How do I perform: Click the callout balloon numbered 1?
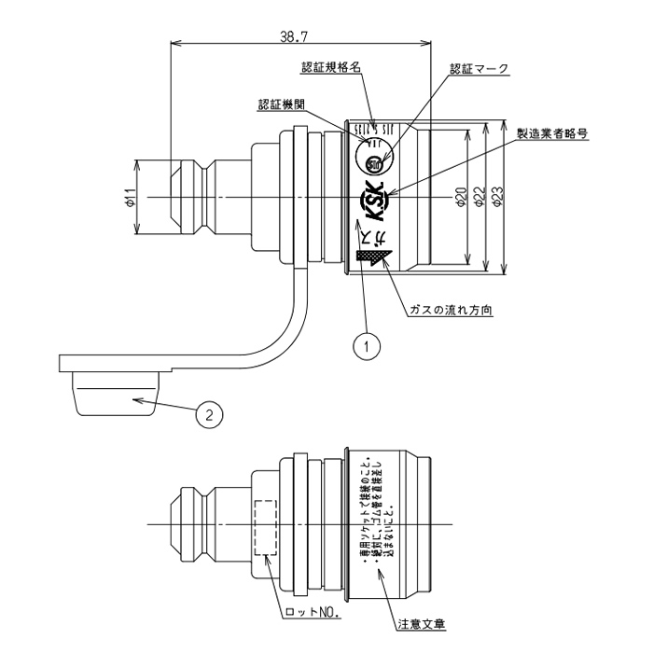[369, 346]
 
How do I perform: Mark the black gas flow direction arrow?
[384, 256]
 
